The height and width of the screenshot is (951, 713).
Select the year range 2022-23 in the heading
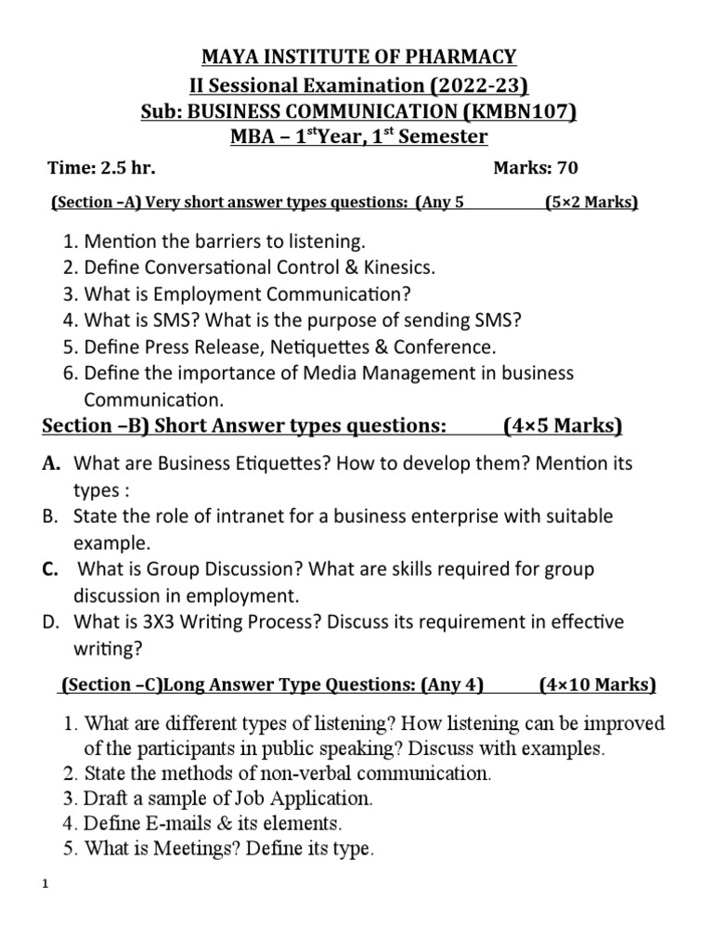click(473, 86)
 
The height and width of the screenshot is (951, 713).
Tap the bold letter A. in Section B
click(51, 462)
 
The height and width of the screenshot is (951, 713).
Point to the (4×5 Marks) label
click(563, 426)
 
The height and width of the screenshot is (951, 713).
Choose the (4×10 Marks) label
click(597, 685)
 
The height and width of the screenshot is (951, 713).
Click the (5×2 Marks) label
click(590, 202)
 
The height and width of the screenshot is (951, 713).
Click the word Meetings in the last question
click(174, 848)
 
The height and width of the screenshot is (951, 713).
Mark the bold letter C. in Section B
click(52, 568)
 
